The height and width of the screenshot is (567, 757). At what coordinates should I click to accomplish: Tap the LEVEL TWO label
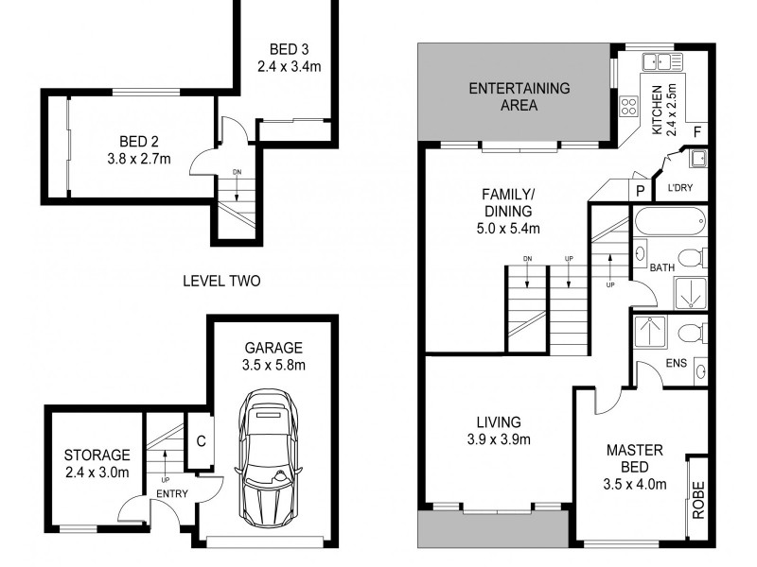coord(221,281)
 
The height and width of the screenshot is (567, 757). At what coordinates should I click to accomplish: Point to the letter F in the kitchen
coord(696,131)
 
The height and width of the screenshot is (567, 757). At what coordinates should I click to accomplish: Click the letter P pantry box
coord(641,190)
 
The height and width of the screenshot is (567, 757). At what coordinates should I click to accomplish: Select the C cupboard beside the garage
coord(201,439)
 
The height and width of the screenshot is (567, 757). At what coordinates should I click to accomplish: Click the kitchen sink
coord(662,62)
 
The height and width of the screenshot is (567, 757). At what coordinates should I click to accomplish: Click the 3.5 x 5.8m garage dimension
coord(272,365)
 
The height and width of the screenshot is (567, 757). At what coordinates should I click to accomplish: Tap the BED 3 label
coord(289,49)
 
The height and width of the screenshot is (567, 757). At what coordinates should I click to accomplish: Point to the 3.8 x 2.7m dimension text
coord(138,158)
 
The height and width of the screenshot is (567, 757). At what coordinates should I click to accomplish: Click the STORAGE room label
coord(97,455)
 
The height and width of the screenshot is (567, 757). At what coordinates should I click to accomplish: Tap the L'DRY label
coord(680,187)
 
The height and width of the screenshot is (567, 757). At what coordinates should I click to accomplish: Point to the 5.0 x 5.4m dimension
coord(506,228)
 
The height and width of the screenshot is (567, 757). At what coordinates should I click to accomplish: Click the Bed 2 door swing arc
coord(203,163)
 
